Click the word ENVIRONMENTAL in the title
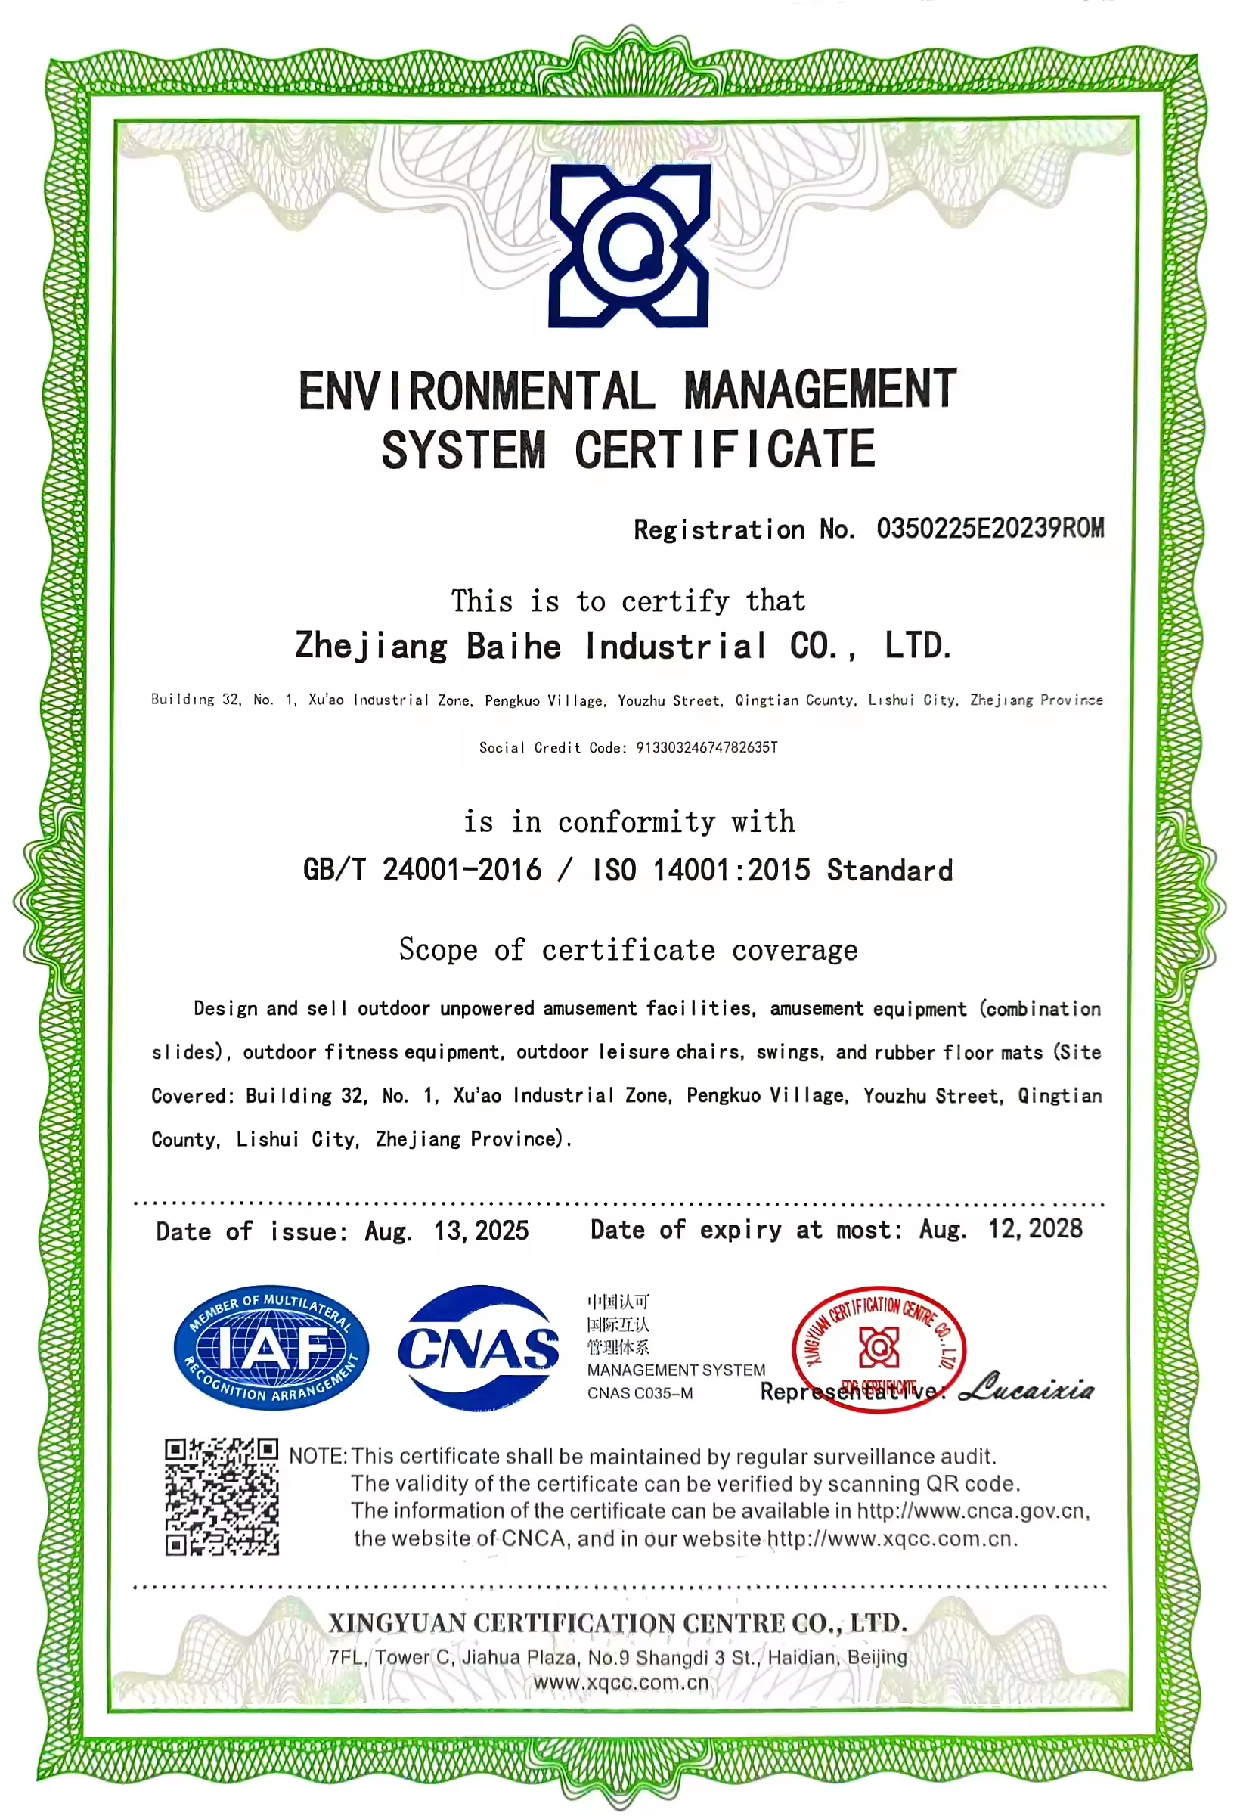tap(476, 390)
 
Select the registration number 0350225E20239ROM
tap(990, 529)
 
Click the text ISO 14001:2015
tap(701, 870)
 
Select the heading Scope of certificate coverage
tap(628, 949)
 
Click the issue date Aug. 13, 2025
tap(447, 1231)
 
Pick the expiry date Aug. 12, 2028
tap(1000, 1229)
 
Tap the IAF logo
tap(271, 1348)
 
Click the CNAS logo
tap(478, 1348)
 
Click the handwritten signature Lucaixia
tap(1025, 1388)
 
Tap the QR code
tap(222, 1497)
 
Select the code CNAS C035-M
tap(640, 1393)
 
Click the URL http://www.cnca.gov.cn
tap(972, 1510)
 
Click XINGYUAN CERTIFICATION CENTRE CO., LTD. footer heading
tap(618, 1622)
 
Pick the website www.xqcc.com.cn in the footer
tap(621, 1682)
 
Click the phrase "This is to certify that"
tap(628, 601)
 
